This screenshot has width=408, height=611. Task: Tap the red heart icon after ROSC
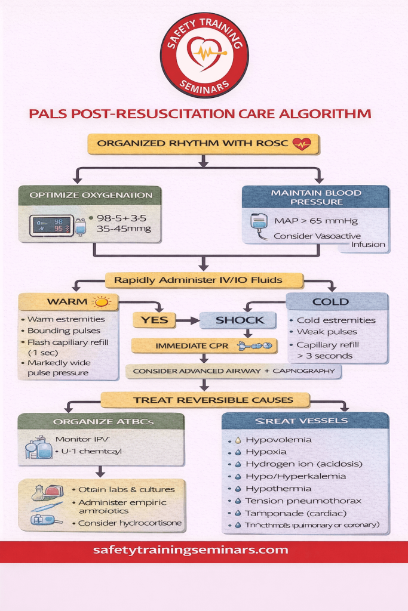tap(302, 144)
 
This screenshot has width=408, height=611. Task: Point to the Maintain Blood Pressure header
tap(315, 198)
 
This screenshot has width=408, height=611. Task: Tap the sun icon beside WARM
tap(102, 301)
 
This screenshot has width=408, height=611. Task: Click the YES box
tap(154, 320)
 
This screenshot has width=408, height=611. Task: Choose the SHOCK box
tap(238, 320)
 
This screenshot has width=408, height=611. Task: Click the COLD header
tap(330, 301)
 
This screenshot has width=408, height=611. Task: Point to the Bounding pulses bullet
tap(65, 331)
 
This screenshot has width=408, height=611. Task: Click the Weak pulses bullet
tap(327, 332)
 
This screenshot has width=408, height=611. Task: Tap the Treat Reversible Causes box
tap(205, 400)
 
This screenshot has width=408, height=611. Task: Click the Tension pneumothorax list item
tap(303, 501)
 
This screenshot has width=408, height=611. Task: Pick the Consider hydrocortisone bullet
tap(130, 523)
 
